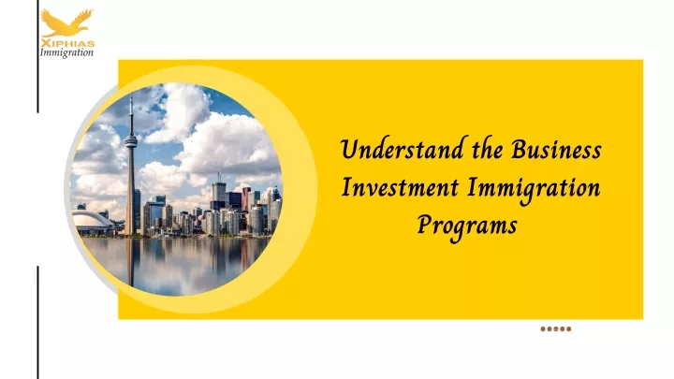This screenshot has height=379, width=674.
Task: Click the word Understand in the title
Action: [402, 150]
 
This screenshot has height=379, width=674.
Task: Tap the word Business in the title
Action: [556, 150]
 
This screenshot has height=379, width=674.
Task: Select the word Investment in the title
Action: [401, 188]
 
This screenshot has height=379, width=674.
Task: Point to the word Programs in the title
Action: [467, 226]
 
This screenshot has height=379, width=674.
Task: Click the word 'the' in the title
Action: [488, 149]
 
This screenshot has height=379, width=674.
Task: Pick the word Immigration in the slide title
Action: [534, 189]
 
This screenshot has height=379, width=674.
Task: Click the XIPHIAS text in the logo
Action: [67, 43]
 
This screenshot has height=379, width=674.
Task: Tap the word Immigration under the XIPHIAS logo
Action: [66, 52]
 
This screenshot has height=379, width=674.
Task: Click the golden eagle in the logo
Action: [66, 23]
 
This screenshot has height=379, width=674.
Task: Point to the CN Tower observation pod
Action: [131, 140]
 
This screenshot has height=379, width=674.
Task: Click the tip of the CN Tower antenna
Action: [131, 97]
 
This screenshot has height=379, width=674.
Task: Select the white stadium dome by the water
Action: [92, 221]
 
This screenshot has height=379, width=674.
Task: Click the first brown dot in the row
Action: [543, 329]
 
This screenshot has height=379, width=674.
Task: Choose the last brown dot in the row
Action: [569, 329]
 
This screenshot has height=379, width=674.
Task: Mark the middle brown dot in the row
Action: [556, 329]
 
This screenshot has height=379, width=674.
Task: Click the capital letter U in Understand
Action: [350, 150]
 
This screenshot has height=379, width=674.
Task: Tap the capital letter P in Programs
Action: [425, 224]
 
